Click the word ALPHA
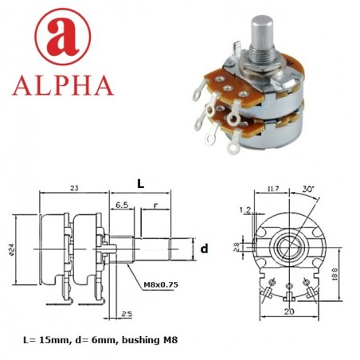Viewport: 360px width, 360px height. tap(62, 84)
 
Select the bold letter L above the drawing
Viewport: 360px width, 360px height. tap(140, 183)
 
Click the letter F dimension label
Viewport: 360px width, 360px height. tap(155, 205)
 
